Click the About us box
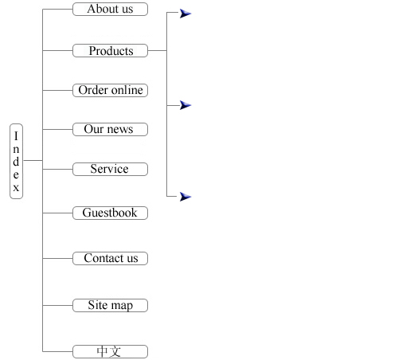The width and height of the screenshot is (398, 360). point(110,10)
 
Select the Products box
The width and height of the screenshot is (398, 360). point(110,50)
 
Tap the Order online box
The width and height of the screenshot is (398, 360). point(110,90)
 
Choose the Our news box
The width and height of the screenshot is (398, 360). point(110,129)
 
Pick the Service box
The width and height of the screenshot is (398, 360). point(110,169)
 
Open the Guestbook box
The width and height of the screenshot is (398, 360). point(110,213)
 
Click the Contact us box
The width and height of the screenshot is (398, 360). point(110,258)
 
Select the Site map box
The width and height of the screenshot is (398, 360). point(110,305)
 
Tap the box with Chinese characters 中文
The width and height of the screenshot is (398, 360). point(110,351)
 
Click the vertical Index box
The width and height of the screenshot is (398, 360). point(16,161)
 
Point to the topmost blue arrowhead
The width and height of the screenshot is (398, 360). point(185,14)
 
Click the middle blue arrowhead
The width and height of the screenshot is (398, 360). point(185,105)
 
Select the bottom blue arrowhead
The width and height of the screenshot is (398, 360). point(185,197)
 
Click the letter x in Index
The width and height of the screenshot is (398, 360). point(16,188)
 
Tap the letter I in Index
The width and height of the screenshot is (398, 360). point(16,136)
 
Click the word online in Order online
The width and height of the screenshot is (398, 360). point(127,90)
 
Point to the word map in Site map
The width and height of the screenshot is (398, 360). point(122,306)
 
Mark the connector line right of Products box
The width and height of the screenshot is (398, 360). point(158,50)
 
